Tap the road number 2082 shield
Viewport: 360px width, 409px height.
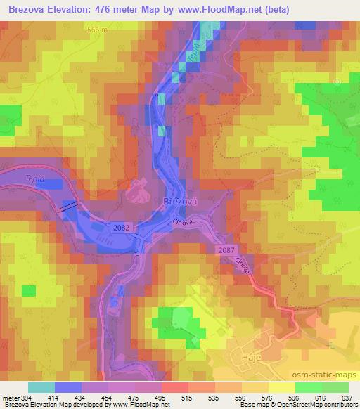[120, 226]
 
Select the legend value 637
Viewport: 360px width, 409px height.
[346, 397]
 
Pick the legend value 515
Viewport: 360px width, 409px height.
[186, 397]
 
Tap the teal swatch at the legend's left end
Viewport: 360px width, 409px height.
[41, 387]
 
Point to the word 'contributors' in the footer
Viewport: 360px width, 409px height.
[340, 405]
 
